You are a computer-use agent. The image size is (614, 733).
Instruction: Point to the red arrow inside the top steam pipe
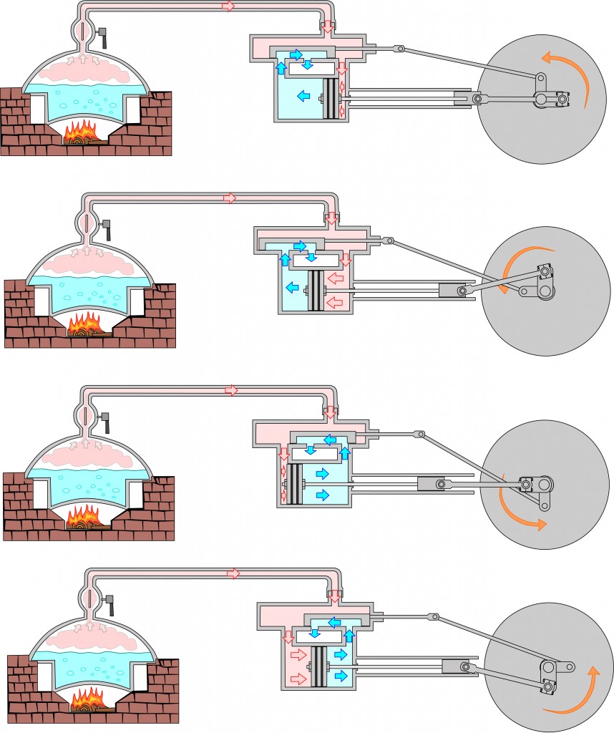(228, 6)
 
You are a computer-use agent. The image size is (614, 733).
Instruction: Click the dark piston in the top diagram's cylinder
(331, 99)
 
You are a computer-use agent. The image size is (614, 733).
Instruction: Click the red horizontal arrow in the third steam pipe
(231, 390)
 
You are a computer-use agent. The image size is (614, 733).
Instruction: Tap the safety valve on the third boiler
(105, 421)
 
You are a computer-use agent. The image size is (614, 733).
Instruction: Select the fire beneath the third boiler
(86, 517)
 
